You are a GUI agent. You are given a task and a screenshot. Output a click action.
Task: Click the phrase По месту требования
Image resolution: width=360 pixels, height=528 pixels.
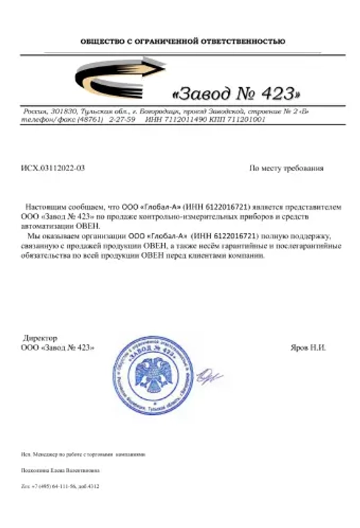[x=286, y=168]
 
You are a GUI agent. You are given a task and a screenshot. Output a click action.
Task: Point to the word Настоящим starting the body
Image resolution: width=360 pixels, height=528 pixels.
[x=46, y=206]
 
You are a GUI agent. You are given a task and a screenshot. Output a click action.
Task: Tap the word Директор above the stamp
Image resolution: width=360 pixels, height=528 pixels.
[x=41, y=338]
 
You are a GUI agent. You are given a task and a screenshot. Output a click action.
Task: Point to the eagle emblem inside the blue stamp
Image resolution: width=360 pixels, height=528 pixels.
[x=153, y=378]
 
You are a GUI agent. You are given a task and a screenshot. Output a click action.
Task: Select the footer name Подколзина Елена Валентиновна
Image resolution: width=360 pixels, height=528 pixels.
[x=60, y=470]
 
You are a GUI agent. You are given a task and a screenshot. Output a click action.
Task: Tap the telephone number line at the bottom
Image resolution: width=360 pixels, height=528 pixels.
[x=61, y=486]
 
